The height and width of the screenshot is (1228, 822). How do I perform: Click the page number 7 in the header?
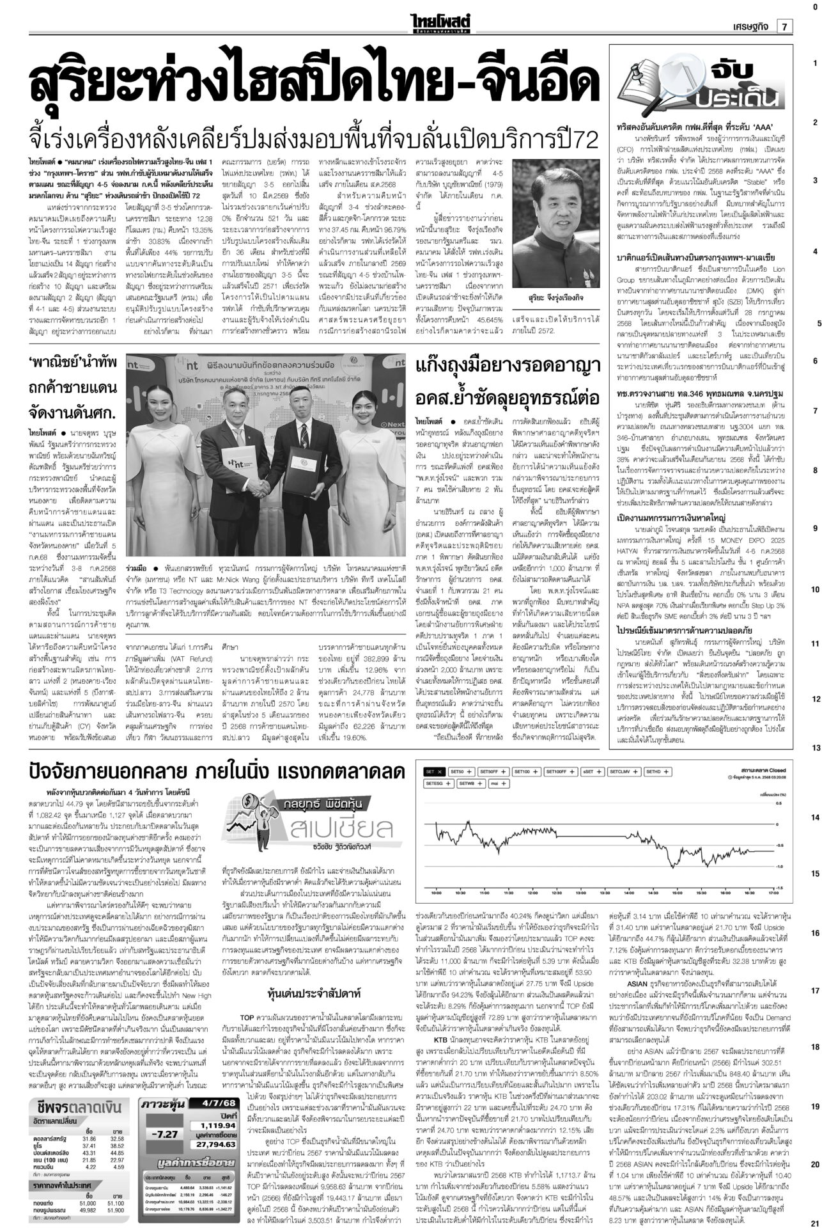[x=784, y=26]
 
